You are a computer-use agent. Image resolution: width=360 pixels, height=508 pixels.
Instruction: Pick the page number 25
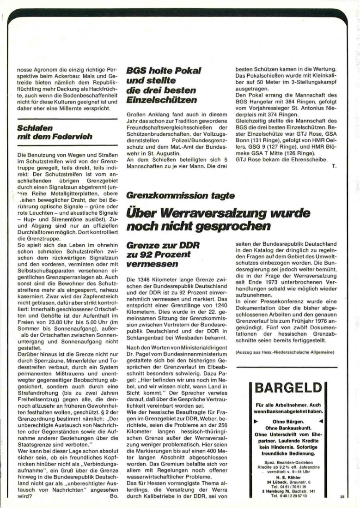click(x=342, y=497)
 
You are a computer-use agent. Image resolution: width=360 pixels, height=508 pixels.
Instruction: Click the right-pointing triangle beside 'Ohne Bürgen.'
click(x=255, y=422)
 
